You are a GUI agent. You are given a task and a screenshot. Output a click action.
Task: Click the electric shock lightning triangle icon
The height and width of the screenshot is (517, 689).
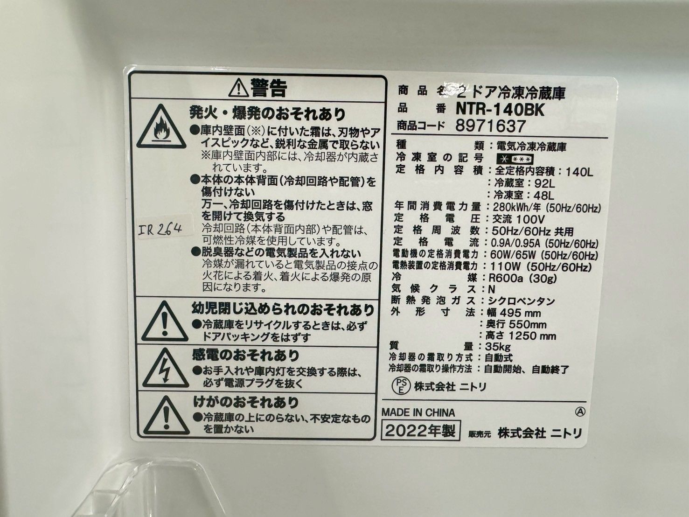165,369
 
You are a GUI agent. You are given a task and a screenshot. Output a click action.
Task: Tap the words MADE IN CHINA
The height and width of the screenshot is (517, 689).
418,412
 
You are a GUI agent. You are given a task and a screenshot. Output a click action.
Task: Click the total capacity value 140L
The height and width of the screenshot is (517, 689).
578,172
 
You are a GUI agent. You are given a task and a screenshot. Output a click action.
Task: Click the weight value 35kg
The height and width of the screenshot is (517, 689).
498,347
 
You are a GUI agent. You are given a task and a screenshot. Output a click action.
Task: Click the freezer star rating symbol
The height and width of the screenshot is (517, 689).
515,159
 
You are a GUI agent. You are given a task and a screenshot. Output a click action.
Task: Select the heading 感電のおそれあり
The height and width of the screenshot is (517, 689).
246,356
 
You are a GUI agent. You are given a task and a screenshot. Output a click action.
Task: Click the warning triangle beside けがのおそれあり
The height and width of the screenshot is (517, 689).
165,415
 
